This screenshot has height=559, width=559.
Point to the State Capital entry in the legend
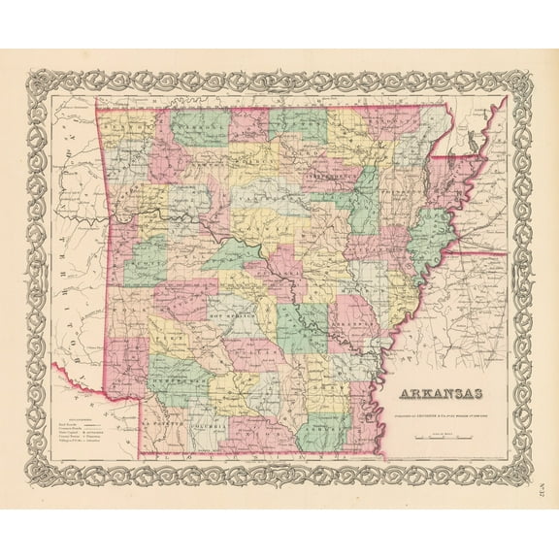70,435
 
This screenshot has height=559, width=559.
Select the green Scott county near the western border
146,262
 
